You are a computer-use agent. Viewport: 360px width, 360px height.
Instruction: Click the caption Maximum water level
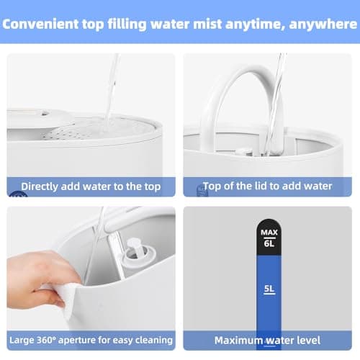(267, 340)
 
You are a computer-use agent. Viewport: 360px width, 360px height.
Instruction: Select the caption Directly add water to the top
(91, 186)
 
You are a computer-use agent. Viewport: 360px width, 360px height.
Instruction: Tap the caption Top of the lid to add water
(267, 186)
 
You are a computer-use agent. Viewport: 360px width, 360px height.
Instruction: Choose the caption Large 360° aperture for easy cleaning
(91, 340)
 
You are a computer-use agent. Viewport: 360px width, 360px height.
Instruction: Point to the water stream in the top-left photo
(110, 86)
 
